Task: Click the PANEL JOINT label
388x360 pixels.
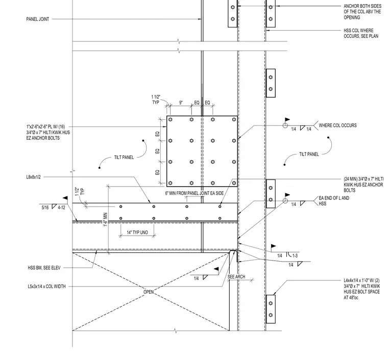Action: [38, 19]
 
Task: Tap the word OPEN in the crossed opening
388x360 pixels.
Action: [149, 292]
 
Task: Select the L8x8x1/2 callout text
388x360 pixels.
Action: [33, 177]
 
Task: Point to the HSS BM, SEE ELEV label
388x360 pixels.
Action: [44, 268]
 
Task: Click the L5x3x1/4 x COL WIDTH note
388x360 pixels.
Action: [47, 287]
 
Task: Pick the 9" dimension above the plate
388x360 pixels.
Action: [181, 102]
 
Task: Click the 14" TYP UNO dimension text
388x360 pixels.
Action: [137, 232]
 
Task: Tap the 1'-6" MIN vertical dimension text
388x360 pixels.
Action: [106, 219]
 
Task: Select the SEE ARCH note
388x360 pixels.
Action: [236, 277]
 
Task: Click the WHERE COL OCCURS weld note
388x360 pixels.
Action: [337, 125]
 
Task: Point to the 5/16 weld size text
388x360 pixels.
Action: [45, 208]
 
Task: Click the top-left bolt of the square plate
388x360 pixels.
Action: [170, 120]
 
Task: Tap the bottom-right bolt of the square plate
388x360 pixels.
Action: [234, 183]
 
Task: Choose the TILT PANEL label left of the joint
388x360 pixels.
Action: [124, 158]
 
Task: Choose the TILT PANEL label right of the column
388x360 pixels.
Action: [309, 154]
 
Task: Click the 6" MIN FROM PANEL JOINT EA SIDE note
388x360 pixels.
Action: [194, 193]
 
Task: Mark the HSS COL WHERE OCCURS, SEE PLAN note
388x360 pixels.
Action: [361, 33]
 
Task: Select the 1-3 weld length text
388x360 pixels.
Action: [295, 256]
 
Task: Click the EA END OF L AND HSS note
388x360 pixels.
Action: [334, 200]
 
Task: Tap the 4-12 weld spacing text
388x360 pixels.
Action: [62, 208]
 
